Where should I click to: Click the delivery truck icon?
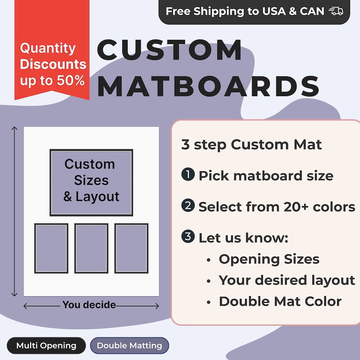336,11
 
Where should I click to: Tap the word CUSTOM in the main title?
170,50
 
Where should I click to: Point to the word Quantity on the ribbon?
48,48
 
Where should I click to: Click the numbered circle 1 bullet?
188,175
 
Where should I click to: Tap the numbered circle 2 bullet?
188,206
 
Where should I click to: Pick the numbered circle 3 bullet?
188,237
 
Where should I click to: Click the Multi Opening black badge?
46,346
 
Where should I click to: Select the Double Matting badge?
129,346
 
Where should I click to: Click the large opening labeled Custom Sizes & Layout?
91,182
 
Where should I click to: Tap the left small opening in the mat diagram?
51,248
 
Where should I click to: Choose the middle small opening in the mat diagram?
91,248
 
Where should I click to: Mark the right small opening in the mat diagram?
131,248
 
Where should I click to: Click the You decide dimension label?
89,305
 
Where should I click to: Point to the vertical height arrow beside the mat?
15,211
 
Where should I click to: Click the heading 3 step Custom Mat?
252,145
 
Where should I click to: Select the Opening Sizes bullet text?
269,259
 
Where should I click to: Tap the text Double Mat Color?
280,301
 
